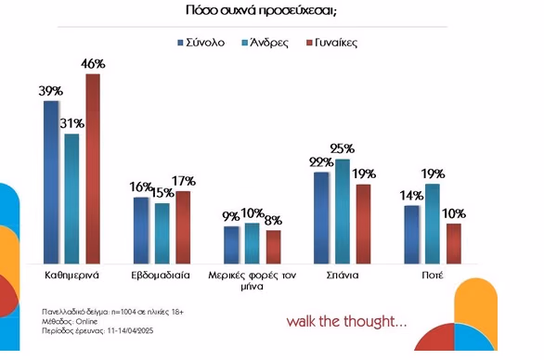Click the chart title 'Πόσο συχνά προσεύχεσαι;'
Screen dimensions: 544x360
261,10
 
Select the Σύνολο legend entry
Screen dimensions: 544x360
201,43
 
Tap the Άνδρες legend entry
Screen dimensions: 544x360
266,43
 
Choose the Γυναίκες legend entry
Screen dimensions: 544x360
332,43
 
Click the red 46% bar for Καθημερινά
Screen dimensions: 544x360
93,169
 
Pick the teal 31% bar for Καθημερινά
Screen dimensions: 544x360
71,199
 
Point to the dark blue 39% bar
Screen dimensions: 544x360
51,183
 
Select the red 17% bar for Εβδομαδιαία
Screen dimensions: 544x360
183,227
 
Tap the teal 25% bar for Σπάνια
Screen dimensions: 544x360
343,212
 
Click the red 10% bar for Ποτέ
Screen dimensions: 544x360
454,244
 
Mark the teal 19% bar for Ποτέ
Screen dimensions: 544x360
433,224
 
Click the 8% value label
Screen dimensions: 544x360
273,220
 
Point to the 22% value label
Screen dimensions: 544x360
321,162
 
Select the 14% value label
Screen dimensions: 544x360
411,196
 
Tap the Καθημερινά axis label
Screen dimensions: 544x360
71,276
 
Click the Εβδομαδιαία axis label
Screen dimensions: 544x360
161,276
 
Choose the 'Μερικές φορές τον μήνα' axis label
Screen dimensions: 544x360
253,280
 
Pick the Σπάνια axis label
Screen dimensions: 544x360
343,276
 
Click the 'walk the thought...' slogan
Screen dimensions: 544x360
346,322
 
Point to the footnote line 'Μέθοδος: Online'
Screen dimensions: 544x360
70,322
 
